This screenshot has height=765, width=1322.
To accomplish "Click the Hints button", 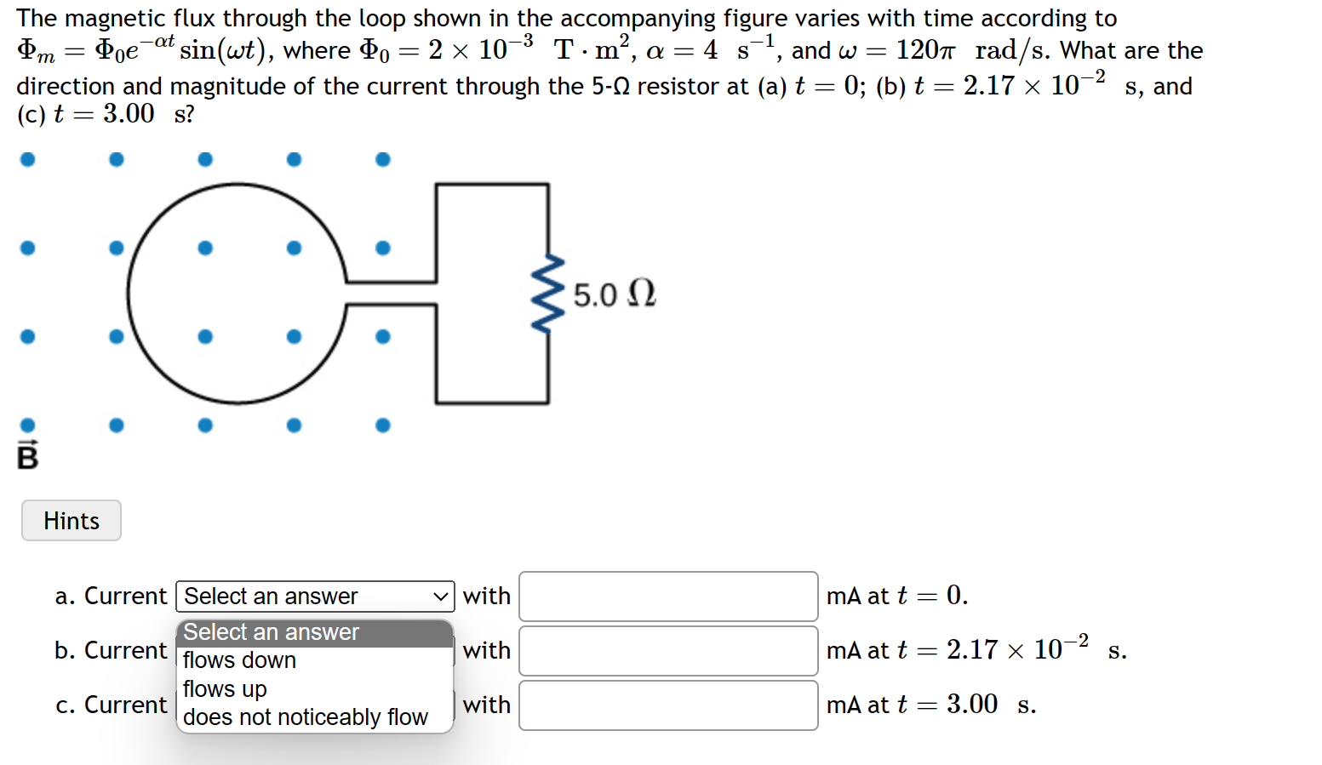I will tap(72, 521).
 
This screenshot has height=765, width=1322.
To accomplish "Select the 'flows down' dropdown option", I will tap(239, 660).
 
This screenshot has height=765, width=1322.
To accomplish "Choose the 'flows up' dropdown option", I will tap(225, 688).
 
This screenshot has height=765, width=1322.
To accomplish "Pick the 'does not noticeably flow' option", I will tap(305, 717).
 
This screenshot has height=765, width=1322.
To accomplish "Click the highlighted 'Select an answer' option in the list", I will tap(272, 632).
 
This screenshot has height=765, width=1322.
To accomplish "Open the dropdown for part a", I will tap(315, 597).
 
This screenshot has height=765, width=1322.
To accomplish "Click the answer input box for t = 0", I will tap(668, 597).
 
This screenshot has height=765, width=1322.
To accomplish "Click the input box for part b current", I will tap(668, 651).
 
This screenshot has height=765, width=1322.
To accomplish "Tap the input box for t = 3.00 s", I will tap(668, 705).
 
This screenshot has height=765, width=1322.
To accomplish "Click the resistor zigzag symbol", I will tap(547, 293).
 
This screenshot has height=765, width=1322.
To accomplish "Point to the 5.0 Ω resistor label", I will tap(614, 294).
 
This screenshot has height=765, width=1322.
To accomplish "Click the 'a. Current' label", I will tap(111, 597).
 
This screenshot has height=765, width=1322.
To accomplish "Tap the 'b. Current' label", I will tap(111, 651).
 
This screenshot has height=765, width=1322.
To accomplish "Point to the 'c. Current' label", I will tap(111, 705).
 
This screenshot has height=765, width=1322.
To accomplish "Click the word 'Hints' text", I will tap(72, 521).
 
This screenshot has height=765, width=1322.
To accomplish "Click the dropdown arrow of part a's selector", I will tap(440, 597).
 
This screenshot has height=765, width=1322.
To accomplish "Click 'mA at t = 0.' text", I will tap(896, 596).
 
